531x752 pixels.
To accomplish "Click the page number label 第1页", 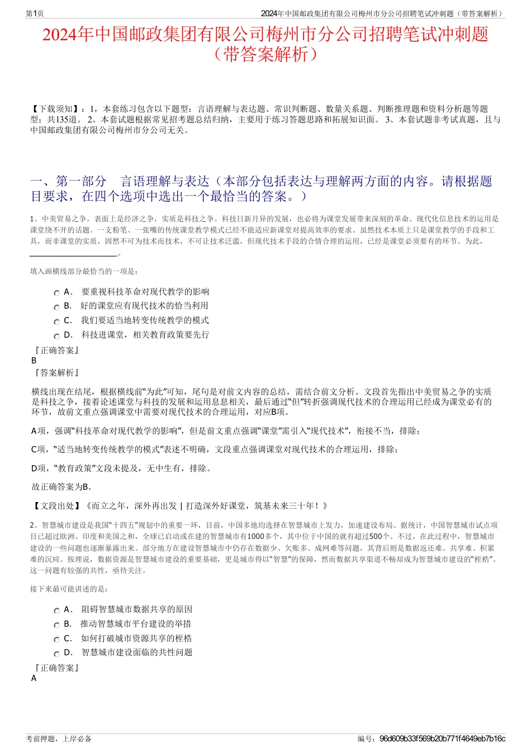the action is (x=35, y=13).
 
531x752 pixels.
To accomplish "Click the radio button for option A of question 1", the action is (x=56, y=293).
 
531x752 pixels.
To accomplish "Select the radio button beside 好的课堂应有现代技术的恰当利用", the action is (x=56, y=307).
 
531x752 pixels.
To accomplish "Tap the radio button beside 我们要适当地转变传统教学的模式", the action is (x=56, y=321).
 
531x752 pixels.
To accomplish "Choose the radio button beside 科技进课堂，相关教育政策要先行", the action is (x=56, y=336).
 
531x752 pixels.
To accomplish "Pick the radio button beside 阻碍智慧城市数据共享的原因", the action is (x=56, y=611).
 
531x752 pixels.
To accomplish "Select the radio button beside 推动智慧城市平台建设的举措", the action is (x=56, y=625).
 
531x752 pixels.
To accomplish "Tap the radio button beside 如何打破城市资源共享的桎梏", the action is (x=56, y=639).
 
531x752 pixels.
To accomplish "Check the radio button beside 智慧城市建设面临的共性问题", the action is (x=56, y=654).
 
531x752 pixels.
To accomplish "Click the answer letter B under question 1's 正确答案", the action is (x=34, y=361).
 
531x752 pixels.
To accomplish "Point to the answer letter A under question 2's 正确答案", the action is (x=34, y=678).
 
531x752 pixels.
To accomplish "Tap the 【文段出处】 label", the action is (x=55, y=506).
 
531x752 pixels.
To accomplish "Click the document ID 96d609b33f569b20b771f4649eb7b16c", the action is (x=442, y=739).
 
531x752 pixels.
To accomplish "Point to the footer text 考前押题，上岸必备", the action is (x=59, y=739).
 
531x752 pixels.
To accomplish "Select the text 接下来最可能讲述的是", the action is (x=69, y=589).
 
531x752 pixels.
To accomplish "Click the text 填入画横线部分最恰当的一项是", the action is (x=84, y=271).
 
